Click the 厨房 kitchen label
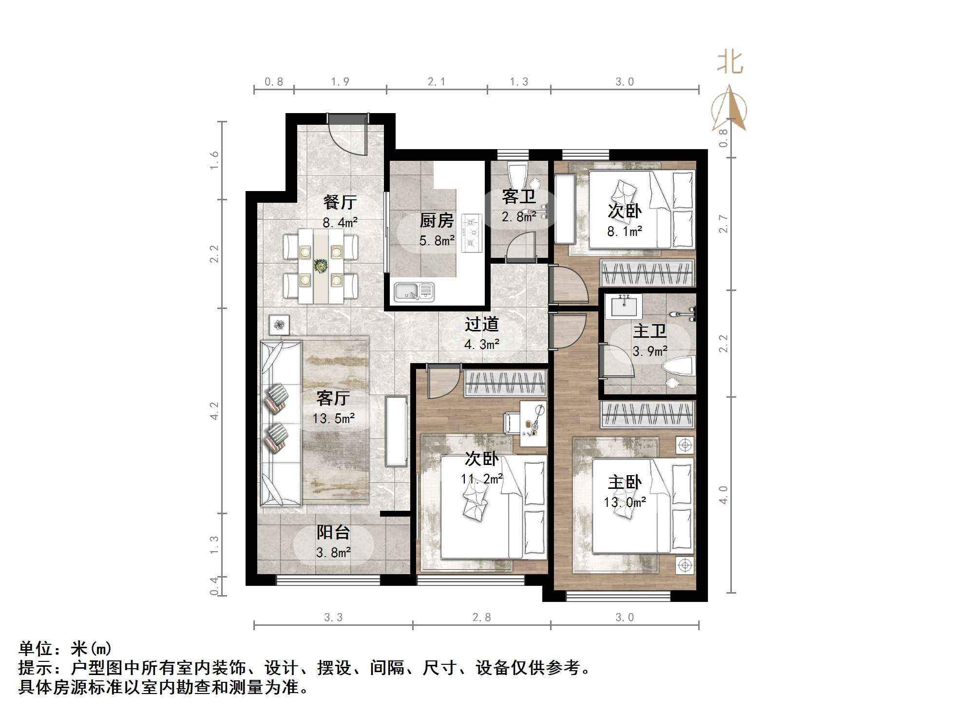(x=437, y=221)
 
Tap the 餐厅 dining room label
(x=340, y=202)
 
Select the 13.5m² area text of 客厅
(x=333, y=418)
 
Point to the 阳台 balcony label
(x=333, y=532)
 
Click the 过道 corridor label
(x=481, y=324)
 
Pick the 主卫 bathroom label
(x=649, y=331)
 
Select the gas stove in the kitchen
(x=471, y=233)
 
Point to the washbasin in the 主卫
(x=623, y=306)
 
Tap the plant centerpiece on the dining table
(x=320, y=266)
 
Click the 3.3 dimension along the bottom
(x=333, y=618)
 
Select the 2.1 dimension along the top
(x=437, y=82)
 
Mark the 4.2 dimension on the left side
(x=214, y=410)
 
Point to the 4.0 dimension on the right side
(x=724, y=494)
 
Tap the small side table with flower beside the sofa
(x=279, y=325)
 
